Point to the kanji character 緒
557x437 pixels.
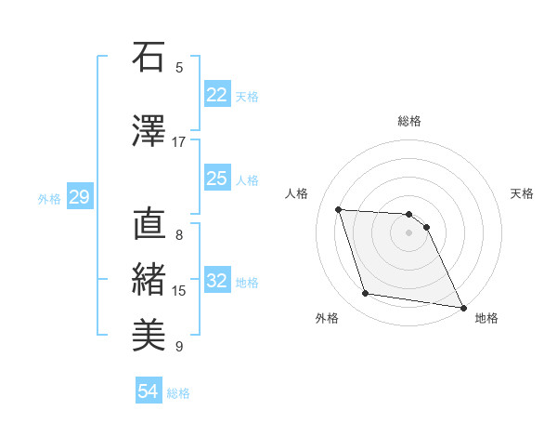[149, 280]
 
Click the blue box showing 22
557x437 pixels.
[216, 95]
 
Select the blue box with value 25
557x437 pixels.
[216, 179]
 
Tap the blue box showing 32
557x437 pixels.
[216, 281]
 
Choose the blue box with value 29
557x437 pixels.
[79, 197]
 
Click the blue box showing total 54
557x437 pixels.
[148, 391]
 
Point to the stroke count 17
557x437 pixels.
[179, 142]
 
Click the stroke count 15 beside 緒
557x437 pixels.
[179, 291]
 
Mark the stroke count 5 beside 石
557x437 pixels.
[179, 67]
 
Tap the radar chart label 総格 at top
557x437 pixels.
[409, 121]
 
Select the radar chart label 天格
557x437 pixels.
[522, 193]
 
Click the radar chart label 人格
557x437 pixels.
[297, 193]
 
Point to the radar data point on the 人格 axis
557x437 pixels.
[339, 209]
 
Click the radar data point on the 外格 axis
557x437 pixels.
[366, 294]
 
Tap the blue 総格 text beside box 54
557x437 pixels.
[178, 393]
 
